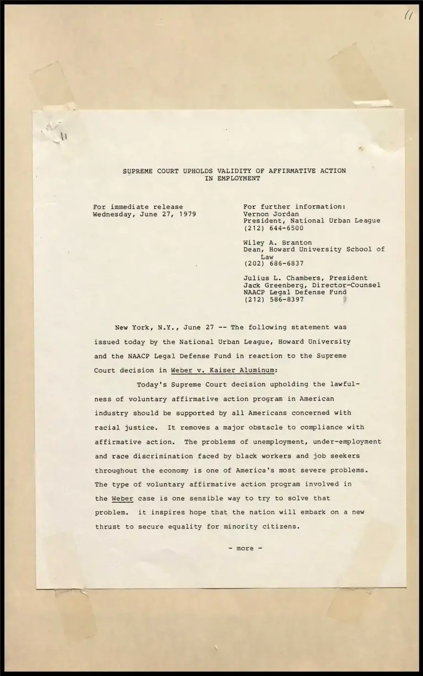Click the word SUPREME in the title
tap(137, 171)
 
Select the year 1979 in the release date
tap(187, 214)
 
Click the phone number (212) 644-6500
tap(273, 228)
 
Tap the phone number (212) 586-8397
tap(273, 300)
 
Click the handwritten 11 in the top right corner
tap(408, 17)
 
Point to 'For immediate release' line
tap(138, 207)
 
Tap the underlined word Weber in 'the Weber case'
tap(122, 498)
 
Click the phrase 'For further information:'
tap(294, 207)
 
